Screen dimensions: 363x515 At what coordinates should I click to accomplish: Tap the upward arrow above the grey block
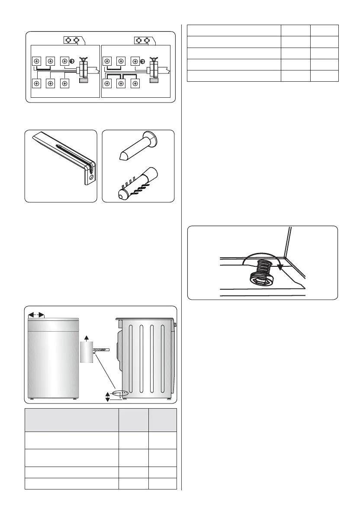[x=87, y=337]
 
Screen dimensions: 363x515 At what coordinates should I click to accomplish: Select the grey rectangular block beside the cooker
[x=87, y=352]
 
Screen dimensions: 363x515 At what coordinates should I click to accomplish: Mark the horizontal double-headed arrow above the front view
[x=36, y=314]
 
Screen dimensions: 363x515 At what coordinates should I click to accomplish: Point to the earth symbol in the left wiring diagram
[x=72, y=61]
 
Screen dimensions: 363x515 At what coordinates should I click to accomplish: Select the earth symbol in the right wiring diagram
[x=143, y=61]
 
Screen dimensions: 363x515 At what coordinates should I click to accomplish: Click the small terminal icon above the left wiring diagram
[x=71, y=40]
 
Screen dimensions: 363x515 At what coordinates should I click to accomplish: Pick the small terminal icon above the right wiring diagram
[x=143, y=40]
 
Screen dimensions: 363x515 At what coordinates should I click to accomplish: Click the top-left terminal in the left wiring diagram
[x=37, y=61]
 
